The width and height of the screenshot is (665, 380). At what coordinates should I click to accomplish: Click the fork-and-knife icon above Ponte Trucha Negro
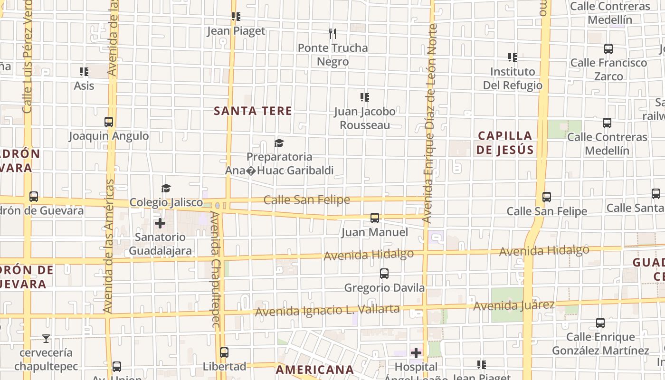click(x=332, y=33)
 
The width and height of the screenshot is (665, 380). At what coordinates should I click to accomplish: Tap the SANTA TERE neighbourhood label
click(x=253, y=111)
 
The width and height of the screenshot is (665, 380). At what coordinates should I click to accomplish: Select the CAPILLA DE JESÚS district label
click(x=505, y=143)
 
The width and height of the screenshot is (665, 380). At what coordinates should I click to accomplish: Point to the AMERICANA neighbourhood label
click(x=315, y=370)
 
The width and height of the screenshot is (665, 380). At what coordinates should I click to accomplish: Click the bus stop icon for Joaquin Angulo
click(x=109, y=122)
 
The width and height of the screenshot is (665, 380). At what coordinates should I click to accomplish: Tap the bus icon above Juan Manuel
click(x=375, y=218)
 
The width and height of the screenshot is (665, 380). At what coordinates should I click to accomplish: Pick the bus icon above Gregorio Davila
click(x=384, y=274)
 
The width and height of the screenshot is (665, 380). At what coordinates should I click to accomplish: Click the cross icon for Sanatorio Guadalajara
click(x=160, y=223)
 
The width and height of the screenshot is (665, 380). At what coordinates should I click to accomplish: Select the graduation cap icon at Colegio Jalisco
click(x=166, y=189)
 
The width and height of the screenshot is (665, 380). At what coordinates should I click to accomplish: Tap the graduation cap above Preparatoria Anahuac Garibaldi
click(x=279, y=143)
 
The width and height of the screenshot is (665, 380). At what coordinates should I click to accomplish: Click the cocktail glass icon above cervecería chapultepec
click(x=46, y=339)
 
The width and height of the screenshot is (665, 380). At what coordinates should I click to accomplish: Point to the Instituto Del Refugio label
click(x=513, y=78)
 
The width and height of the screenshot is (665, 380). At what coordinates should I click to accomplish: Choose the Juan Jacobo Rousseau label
click(x=364, y=118)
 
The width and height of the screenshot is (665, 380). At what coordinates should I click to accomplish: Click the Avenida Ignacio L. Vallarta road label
click(x=327, y=310)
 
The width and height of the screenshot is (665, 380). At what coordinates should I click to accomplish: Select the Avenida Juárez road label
click(x=513, y=305)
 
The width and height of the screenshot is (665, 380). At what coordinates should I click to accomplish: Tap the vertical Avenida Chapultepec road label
click(x=215, y=270)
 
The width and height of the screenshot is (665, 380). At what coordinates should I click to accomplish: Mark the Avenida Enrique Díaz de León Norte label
click(x=431, y=123)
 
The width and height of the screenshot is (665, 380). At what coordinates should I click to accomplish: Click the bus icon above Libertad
click(x=224, y=352)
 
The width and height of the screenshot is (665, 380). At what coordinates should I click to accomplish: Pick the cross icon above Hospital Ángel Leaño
click(x=416, y=353)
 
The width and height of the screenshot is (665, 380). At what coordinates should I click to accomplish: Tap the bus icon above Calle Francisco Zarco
click(x=608, y=48)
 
